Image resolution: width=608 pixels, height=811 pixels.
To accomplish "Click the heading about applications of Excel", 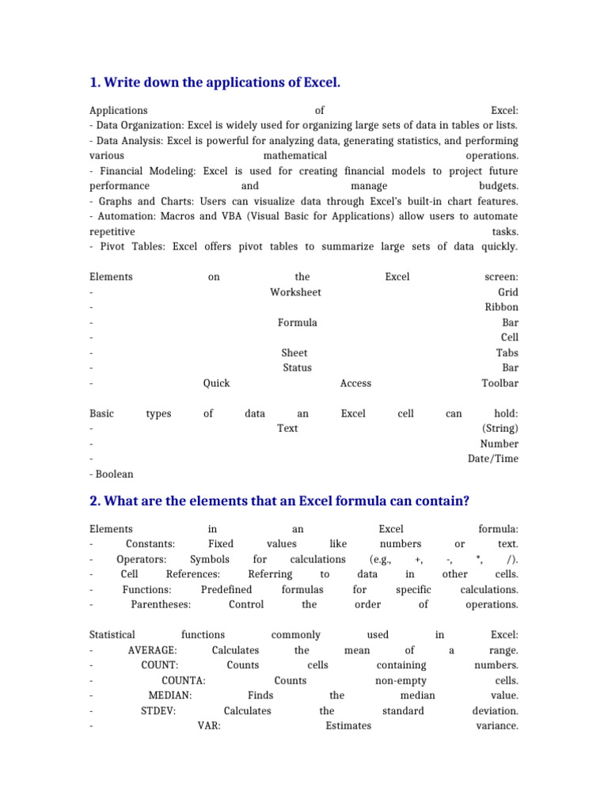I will (215, 82).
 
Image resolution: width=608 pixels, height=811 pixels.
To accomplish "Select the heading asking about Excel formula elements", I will (279, 501).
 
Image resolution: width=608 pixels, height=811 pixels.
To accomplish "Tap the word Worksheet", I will (295, 292).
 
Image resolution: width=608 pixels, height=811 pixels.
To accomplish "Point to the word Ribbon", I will (501, 307).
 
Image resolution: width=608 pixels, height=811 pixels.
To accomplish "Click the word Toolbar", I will (500, 383).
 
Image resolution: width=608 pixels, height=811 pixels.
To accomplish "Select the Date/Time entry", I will (493, 459).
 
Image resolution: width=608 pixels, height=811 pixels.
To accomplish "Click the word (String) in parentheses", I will (500, 428).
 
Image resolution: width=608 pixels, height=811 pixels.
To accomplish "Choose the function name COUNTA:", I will (184, 680).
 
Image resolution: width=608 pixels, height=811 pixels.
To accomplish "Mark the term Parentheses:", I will (161, 604).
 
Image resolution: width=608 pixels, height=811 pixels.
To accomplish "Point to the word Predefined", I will (226, 589).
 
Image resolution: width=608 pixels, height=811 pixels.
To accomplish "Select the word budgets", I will (497, 186).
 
